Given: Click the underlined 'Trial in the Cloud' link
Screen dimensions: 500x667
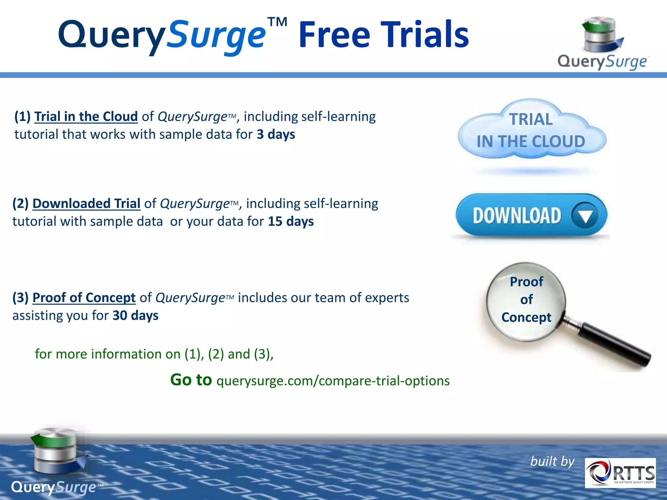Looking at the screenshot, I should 86,117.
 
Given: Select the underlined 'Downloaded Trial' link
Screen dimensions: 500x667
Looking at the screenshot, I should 86,203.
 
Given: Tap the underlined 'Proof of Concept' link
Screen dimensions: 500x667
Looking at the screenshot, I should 84,298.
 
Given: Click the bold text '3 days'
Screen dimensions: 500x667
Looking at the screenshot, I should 276,134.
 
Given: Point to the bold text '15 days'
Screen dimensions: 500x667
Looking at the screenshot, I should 291,221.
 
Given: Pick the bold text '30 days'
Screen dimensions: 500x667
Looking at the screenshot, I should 135,315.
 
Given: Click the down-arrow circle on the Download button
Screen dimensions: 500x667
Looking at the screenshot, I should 585,215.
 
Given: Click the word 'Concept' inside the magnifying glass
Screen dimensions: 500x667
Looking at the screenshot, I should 526,317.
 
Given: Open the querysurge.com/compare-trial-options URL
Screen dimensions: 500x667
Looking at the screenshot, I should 333,381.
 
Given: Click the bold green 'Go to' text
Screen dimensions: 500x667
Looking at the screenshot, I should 191,380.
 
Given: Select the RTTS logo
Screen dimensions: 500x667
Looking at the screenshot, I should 620,473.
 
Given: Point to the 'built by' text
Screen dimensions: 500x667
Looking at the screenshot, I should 552,461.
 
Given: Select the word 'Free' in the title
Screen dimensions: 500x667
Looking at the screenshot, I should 334,35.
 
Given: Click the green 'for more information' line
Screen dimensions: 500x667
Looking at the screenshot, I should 154,354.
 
